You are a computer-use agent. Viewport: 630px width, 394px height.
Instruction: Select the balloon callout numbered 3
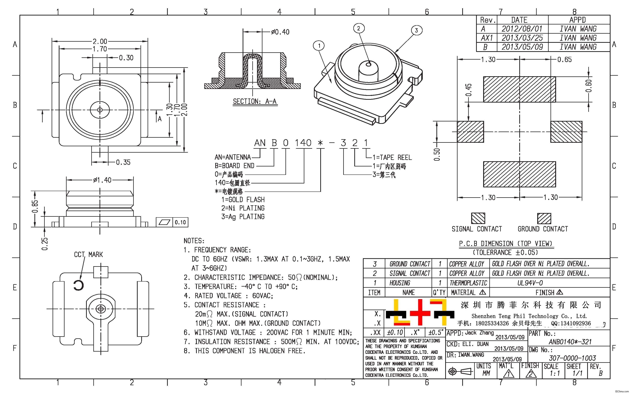(416, 30)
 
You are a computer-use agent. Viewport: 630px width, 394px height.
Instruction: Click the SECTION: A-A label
(255, 101)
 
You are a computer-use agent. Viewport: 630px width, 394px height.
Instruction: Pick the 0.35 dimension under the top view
(123, 162)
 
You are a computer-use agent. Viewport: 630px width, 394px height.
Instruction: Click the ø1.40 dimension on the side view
(102, 180)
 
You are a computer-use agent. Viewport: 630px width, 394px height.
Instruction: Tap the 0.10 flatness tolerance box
(180, 222)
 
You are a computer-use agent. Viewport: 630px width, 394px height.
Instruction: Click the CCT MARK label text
(88, 255)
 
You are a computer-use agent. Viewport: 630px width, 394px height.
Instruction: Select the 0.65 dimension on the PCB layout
(565, 60)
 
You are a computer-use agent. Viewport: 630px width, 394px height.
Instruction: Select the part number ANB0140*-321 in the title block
(570, 342)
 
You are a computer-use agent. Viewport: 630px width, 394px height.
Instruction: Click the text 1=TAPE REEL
(392, 157)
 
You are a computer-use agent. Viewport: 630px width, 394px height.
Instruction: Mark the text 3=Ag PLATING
(243, 217)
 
